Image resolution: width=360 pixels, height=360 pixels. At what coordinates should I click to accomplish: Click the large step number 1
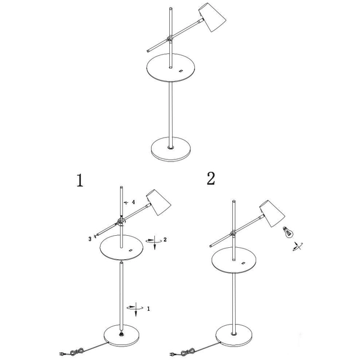(x=80, y=180)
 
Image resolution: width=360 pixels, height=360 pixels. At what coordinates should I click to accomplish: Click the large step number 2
(x=211, y=179)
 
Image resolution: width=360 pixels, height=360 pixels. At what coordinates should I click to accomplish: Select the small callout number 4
(x=133, y=202)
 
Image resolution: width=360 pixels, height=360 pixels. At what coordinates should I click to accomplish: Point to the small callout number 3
(x=90, y=239)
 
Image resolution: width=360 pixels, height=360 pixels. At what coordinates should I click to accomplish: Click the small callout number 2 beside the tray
(x=165, y=239)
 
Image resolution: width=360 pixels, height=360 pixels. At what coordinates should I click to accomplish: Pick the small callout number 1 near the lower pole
(x=148, y=309)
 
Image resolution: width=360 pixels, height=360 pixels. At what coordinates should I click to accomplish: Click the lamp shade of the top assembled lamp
(x=212, y=17)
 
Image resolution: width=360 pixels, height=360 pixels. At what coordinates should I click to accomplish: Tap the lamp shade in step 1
(x=158, y=202)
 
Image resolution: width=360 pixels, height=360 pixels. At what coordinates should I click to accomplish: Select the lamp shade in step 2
(x=272, y=214)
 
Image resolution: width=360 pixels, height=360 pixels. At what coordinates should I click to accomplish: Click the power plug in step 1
(x=62, y=353)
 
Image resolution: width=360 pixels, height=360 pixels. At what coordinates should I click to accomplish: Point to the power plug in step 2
(x=172, y=354)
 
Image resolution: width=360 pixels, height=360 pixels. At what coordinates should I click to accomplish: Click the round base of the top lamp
(x=171, y=149)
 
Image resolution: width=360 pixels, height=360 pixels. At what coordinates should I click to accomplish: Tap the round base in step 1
(x=121, y=335)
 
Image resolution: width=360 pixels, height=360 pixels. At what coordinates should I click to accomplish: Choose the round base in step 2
(x=234, y=335)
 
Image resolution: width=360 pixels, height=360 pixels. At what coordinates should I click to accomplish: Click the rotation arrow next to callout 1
(x=136, y=309)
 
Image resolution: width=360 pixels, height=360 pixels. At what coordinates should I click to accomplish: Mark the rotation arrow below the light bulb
(x=298, y=247)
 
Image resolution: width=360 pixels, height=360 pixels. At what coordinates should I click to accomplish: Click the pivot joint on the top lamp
(x=170, y=38)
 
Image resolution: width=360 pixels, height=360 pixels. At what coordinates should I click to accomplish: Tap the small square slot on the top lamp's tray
(x=181, y=71)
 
